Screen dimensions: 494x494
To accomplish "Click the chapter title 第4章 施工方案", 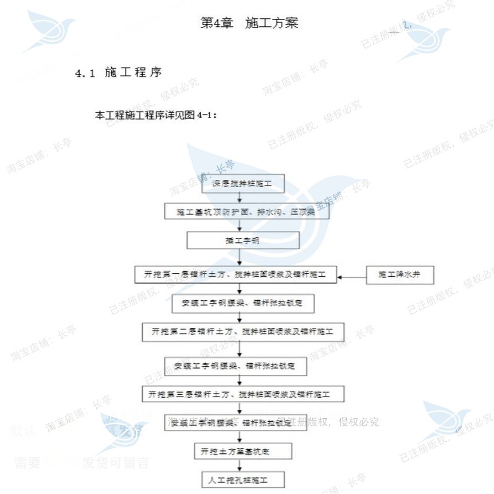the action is pos(249,23).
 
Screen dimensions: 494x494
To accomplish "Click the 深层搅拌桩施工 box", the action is pos(241,184).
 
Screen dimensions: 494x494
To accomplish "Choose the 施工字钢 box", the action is pos(242,240).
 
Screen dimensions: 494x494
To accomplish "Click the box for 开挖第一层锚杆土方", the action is pos(235,275).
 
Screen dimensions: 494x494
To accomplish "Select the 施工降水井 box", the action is pos(400,275).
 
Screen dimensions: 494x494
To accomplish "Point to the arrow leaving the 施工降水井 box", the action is pos(352,277).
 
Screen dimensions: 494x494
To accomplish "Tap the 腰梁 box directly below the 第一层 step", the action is pos(244,303).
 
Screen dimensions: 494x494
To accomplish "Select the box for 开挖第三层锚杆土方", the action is pos(243,394).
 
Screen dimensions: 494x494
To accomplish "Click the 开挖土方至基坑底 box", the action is pos(239,451).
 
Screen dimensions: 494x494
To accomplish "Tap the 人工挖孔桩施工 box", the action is pos(238,478).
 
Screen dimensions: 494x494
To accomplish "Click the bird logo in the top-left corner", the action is pos(51,32).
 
